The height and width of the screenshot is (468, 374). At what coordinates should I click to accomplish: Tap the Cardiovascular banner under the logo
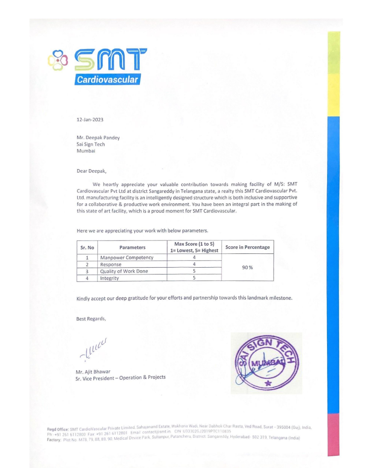pyautogui.click(x=108, y=80)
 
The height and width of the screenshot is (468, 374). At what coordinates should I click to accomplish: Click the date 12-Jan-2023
pyautogui.click(x=90, y=120)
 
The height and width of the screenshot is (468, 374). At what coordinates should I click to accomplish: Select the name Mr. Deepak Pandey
pyautogui.click(x=98, y=138)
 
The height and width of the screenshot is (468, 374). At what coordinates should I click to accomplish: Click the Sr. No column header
pyautogui.click(x=87, y=247)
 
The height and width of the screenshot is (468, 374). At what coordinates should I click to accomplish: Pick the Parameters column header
pyautogui.click(x=132, y=247)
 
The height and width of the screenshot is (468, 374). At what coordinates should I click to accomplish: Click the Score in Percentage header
pyautogui.click(x=248, y=247)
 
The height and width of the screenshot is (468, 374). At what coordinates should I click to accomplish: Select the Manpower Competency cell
pyautogui.click(x=127, y=258)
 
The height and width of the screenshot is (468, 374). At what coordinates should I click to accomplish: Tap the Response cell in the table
pyautogui.click(x=111, y=264)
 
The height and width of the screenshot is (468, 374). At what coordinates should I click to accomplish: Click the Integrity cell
pyautogui.click(x=110, y=278)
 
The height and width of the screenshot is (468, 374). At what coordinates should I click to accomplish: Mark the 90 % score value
pyautogui.click(x=248, y=268)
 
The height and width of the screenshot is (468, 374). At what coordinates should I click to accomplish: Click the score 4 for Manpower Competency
pyautogui.click(x=194, y=258)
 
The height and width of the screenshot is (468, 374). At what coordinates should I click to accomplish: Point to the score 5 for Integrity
pyautogui.click(x=194, y=278)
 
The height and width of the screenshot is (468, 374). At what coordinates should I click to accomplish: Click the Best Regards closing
pyautogui.click(x=91, y=319)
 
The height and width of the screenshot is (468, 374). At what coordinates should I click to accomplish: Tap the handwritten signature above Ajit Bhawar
pyautogui.click(x=93, y=349)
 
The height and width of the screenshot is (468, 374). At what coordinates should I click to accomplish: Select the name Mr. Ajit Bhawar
pyautogui.click(x=93, y=371)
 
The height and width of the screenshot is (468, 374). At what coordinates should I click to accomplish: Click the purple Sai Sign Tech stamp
pyautogui.click(x=267, y=363)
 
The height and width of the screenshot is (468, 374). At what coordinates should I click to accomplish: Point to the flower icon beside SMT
pyautogui.click(x=57, y=59)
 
